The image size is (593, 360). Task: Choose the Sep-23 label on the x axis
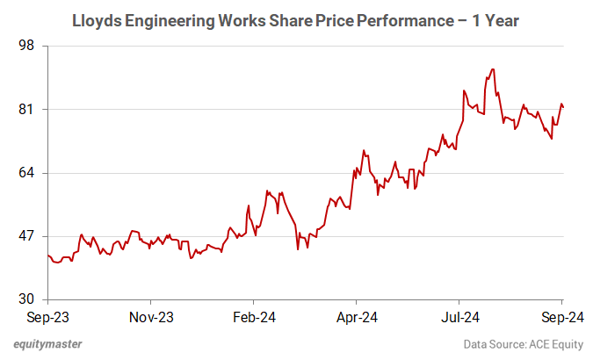pyautogui.click(x=47, y=317)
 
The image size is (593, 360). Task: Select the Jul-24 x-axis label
pyautogui.click(x=459, y=317)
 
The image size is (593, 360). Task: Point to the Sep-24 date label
pyautogui.click(x=561, y=317)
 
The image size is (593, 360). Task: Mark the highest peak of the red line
pyautogui.click(x=493, y=69)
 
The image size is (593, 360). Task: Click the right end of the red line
pyautogui.click(x=563, y=107)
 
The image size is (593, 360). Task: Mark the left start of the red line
pyautogui.click(x=47, y=255)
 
